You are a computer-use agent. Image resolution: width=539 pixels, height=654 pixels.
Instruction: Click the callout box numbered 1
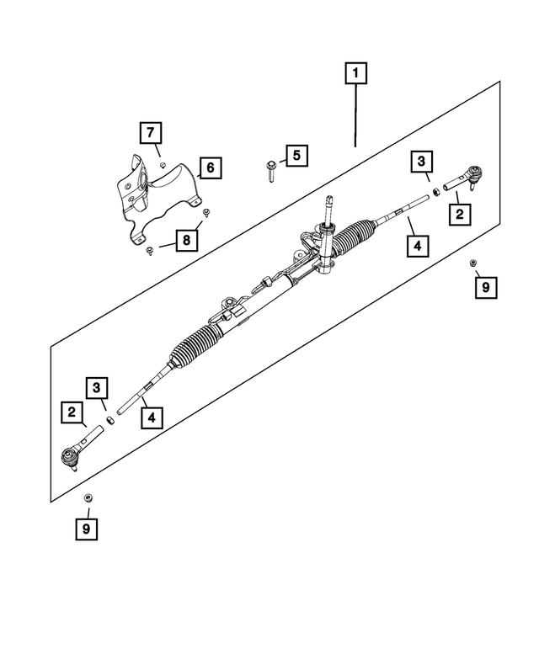click(355, 75)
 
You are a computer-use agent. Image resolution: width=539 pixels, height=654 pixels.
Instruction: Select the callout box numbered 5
click(296, 155)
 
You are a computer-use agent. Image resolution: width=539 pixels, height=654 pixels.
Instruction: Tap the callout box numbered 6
click(210, 168)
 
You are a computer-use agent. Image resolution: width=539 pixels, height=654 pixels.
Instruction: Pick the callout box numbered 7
click(150, 132)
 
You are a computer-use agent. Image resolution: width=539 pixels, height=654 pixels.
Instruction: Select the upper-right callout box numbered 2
click(459, 214)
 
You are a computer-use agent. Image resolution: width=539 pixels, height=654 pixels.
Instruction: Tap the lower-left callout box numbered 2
click(72, 413)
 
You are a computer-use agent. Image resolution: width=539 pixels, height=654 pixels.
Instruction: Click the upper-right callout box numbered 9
click(485, 288)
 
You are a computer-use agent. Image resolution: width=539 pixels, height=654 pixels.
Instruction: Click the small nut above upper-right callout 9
click(474, 263)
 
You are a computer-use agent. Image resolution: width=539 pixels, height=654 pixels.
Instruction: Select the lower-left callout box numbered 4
click(150, 416)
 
